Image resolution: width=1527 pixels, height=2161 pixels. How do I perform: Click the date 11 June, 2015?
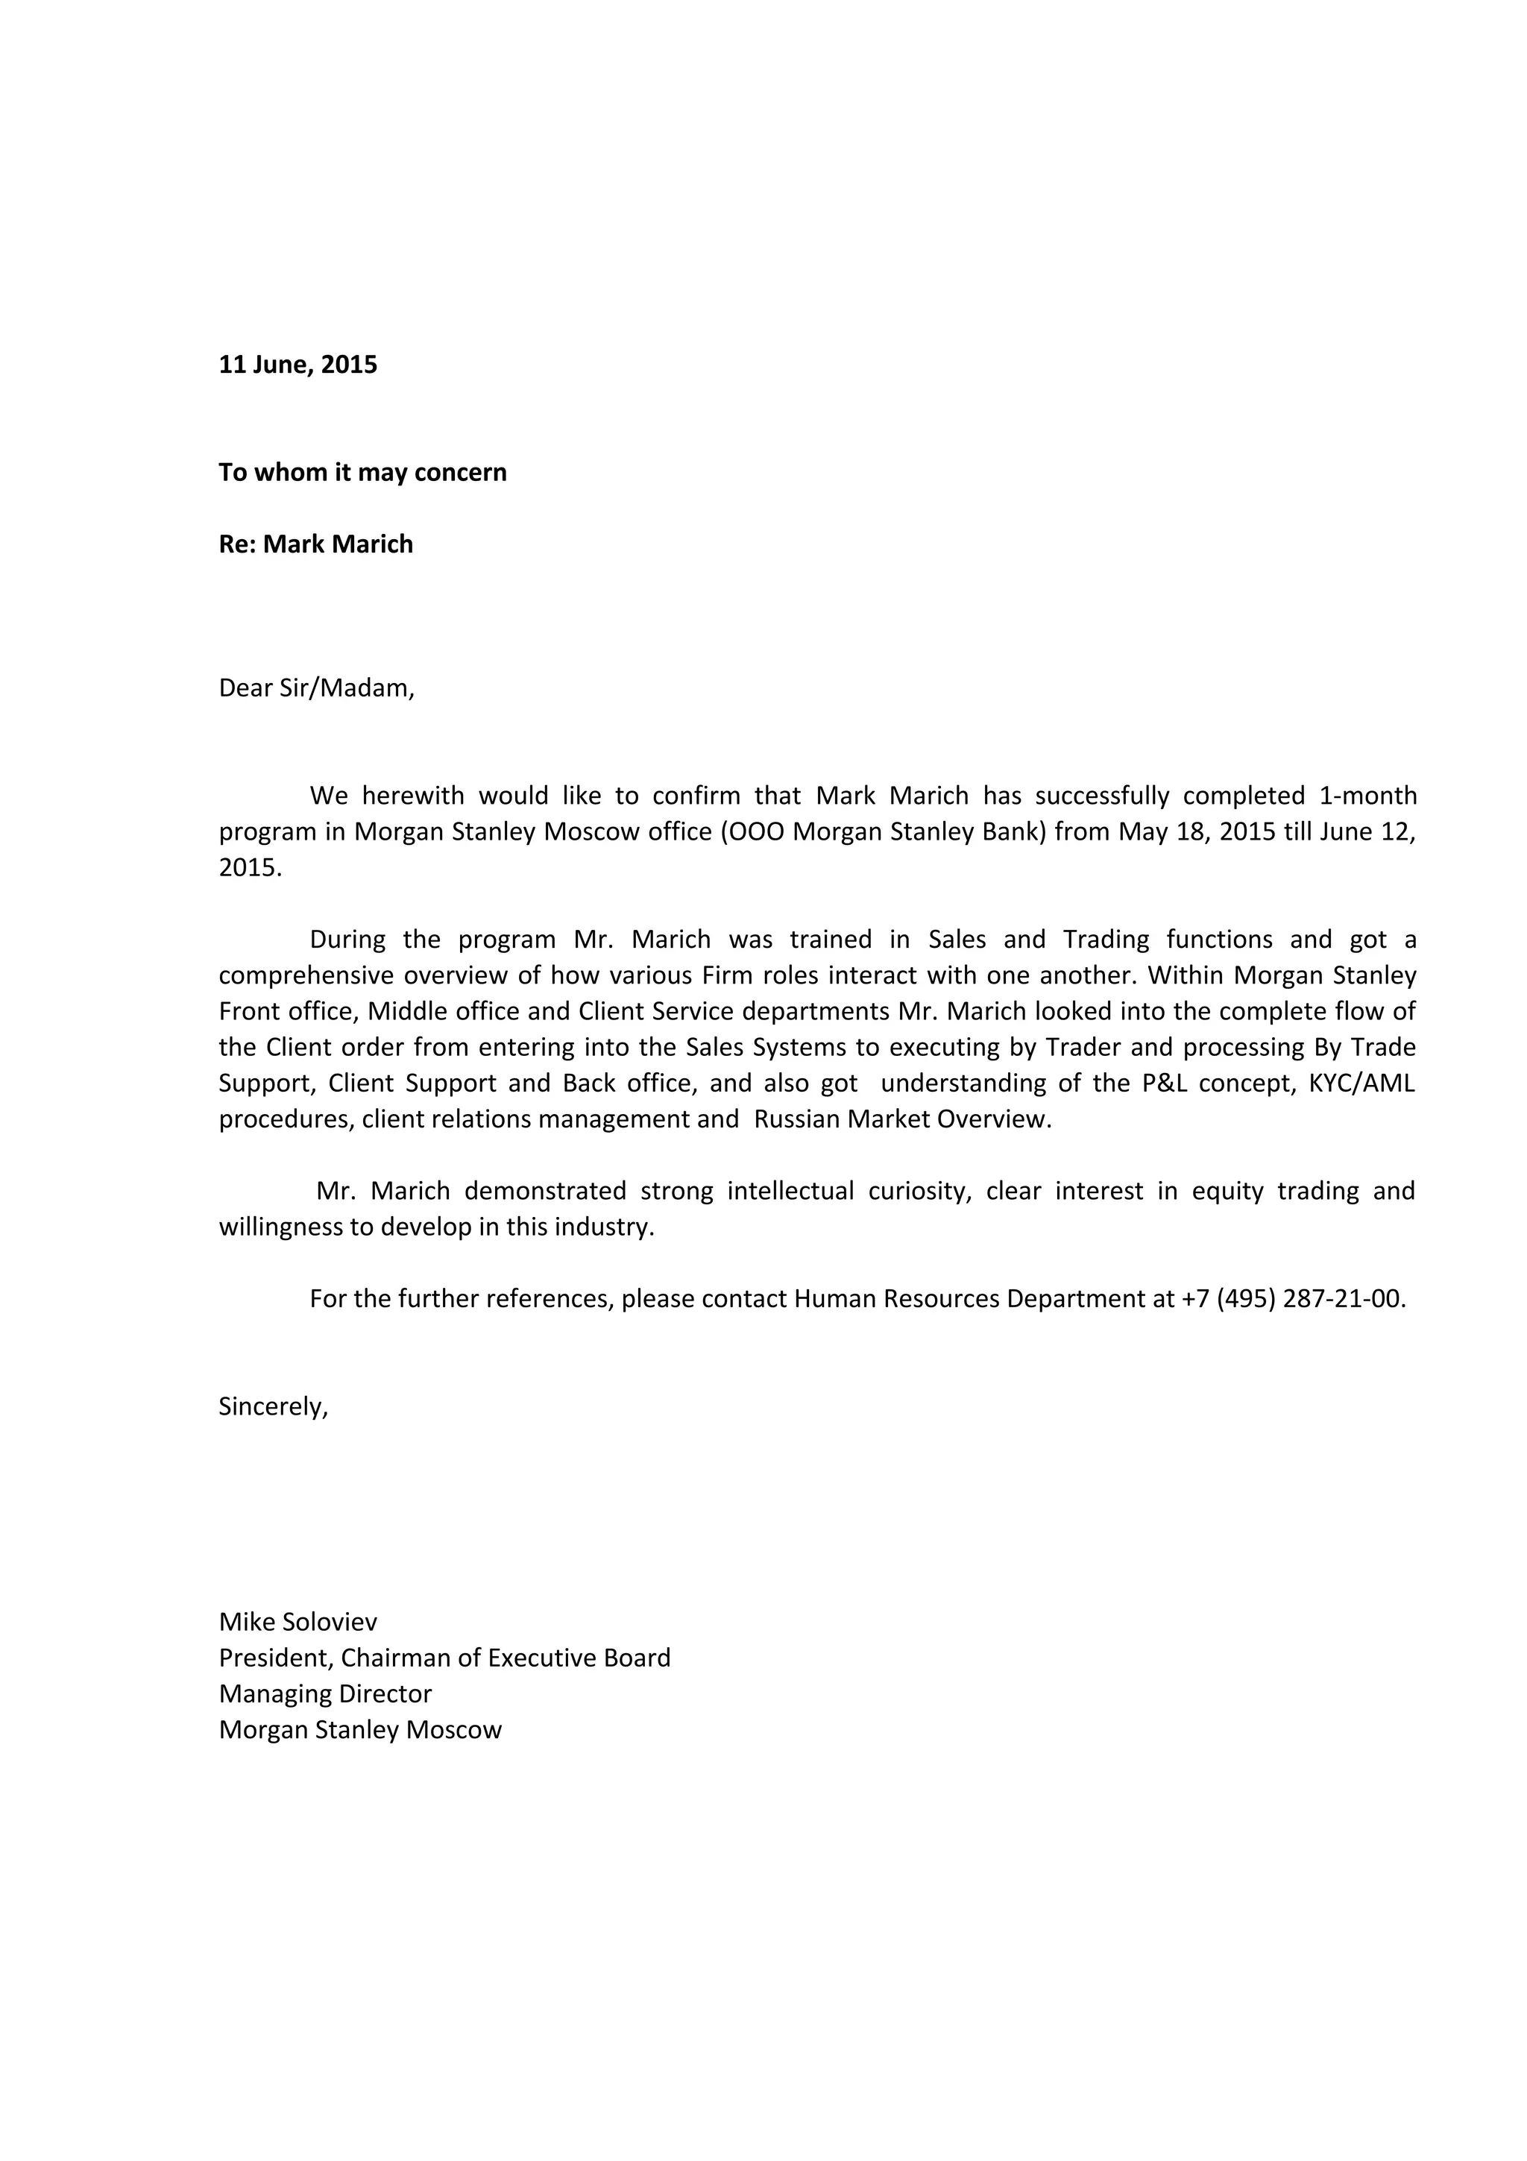pyautogui.click(x=297, y=365)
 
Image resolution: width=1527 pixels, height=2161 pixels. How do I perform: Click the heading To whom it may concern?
pyautogui.click(x=362, y=473)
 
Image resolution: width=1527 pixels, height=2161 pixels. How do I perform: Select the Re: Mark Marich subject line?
pyautogui.click(x=315, y=544)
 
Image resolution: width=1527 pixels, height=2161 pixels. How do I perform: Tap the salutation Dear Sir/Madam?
pyautogui.click(x=316, y=688)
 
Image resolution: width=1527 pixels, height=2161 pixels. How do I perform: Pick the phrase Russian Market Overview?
pyautogui.click(x=901, y=1119)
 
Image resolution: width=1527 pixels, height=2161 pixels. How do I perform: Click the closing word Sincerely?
pyautogui.click(x=272, y=1406)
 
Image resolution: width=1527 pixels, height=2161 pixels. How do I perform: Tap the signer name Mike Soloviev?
pyautogui.click(x=297, y=1622)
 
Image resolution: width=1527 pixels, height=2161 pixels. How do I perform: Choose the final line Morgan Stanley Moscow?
pyautogui.click(x=360, y=1730)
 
